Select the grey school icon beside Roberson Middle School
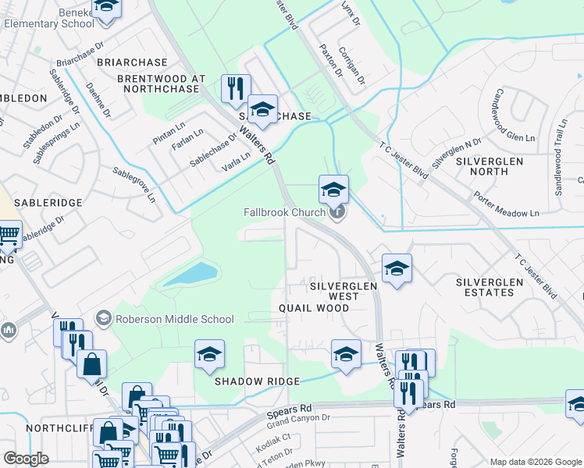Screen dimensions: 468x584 (103, 317)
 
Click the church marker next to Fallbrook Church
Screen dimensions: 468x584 (337, 211)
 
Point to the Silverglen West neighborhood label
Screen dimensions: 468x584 (344, 286)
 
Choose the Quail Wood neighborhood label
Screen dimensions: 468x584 (315, 308)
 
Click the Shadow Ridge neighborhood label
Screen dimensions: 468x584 (258, 381)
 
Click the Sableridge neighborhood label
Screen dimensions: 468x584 (55, 203)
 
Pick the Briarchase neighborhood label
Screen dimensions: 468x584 (132, 62)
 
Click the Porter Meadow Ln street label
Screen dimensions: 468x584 (507, 204)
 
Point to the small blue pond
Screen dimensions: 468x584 (191, 275)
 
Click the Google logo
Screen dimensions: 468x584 (27, 459)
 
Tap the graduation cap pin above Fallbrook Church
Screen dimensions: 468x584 (333, 188)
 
